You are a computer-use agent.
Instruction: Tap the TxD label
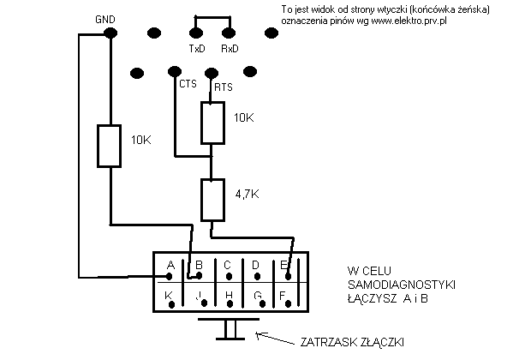pyautogui.click(x=196, y=49)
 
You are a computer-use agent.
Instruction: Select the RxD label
pyautogui.click(x=230, y=49)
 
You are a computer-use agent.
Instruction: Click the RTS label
pyautogui.click(x=223, y=87)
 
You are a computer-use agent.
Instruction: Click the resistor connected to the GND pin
pyautogui.click(x=110, y=145)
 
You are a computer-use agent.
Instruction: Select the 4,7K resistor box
pyautogui.click(x=212, y=200)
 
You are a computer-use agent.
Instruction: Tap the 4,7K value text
pyautogui.click(x=247, y=195)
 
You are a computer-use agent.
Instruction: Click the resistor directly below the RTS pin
pyautogui.click(x=212, y=123)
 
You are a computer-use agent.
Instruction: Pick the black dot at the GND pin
pyautogui.click(x=110, y=33)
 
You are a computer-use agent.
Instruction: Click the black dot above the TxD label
pyautogui.click(x=196, y=33)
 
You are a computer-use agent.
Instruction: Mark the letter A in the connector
pyautogui.click(x=170, y=265)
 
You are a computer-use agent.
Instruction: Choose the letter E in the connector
pyautogui.click(x=283, y=265)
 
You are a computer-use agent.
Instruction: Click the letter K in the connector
pyautogui.click(x=170, y=296)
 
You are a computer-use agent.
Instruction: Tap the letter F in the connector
pyautogui.click(x=282, y=296)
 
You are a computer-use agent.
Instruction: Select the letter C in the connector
pyautogui.click(x=227, y=265)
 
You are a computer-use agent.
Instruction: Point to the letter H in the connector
pyautogui.click(x=228, y=296)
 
